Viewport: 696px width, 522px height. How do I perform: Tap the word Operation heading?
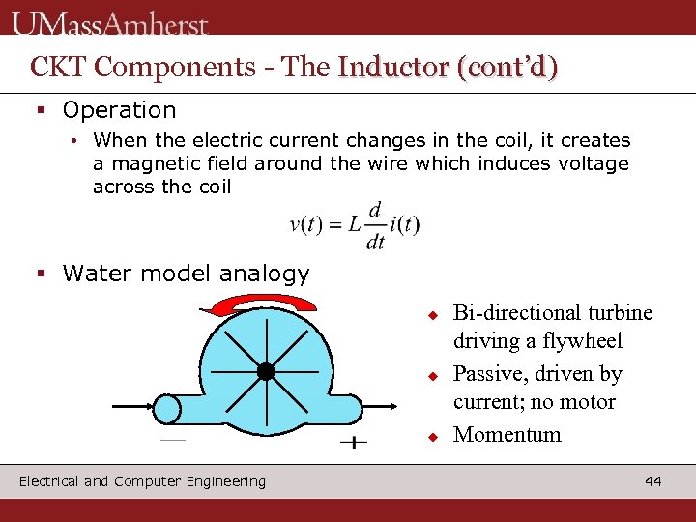pos(119,110)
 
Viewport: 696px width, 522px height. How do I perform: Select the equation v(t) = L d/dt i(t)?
pos(355,226)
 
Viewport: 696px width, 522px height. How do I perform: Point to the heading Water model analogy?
pos(186,274)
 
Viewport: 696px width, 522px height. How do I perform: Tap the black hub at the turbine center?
pos(266,372)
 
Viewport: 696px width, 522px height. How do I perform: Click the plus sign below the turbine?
pos(354,443)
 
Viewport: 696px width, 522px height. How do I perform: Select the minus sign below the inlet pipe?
pos(172,440)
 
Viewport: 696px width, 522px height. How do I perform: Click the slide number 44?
pos(653,481)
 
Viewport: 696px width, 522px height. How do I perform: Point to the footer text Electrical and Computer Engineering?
pos(142,481)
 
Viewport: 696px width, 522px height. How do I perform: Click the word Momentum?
pos(507,434)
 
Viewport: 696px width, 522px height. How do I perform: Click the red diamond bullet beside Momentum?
pos(435,436)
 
